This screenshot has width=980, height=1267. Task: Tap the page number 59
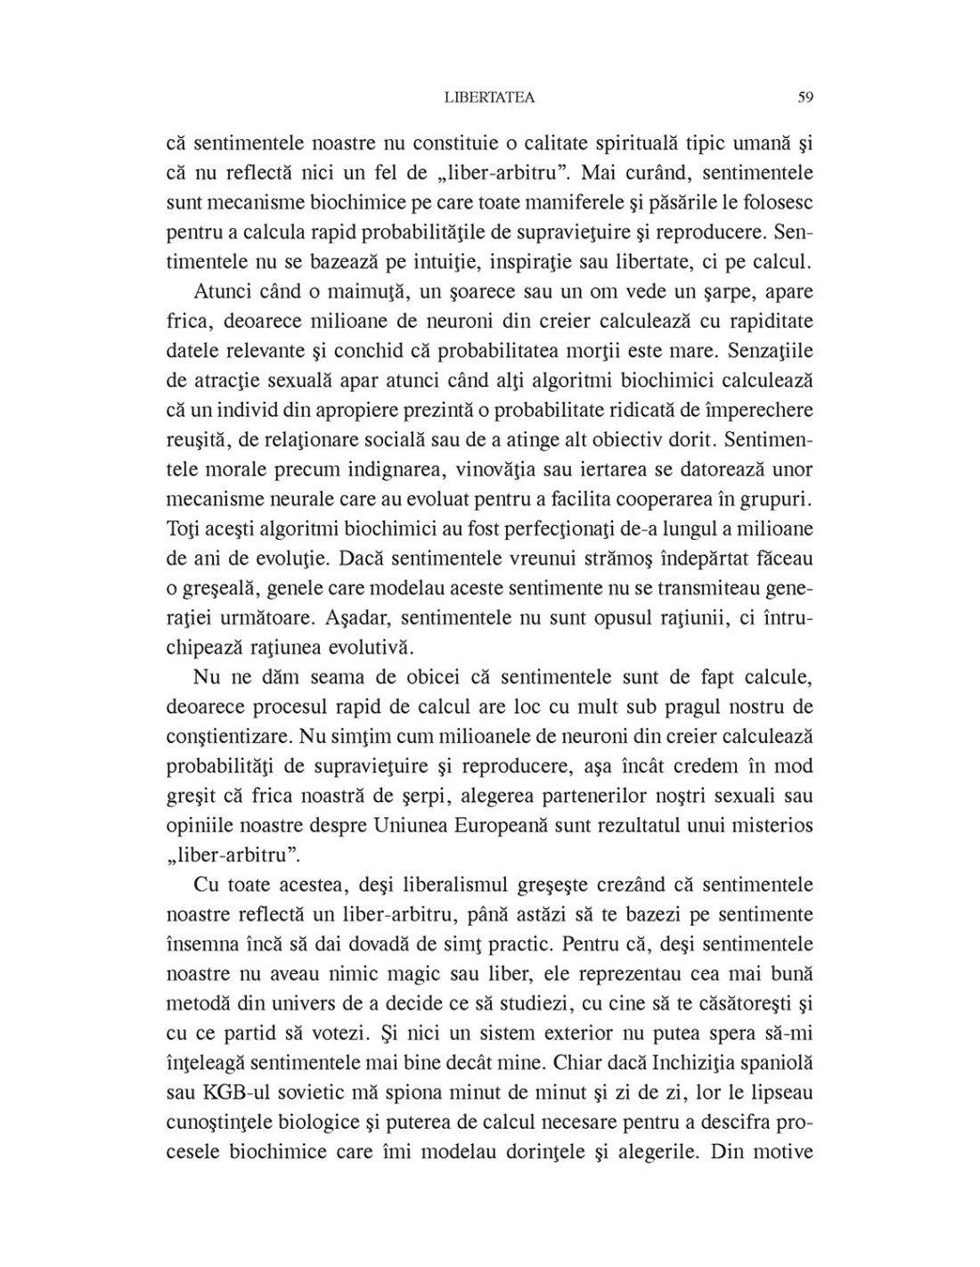point(804,98)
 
